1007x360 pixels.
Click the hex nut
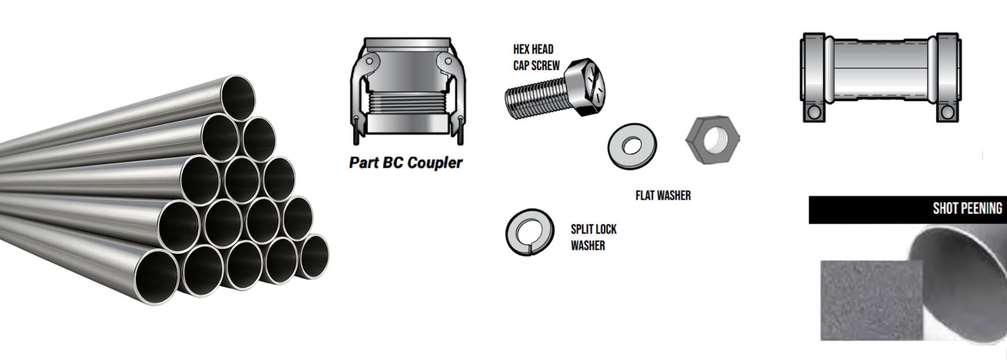pos(712,139)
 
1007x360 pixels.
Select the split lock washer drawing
pos(529,232)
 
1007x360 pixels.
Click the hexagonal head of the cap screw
pos(585,84)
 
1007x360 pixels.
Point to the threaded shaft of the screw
pos(534,98)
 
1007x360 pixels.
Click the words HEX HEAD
pos(533,49)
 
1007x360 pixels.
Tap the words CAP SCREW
pos(536,66)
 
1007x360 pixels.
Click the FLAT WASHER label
pos(663,196)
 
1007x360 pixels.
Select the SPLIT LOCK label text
pos(593,229)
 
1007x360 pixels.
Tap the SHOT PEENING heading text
pos(967,209)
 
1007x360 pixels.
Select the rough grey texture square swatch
pos(871,300)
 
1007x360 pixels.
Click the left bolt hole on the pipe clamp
pos(814,112)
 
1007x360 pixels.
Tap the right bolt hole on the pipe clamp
pos(947,112)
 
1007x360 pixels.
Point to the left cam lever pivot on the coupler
pos(369,61)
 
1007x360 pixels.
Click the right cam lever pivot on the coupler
pos(446,61)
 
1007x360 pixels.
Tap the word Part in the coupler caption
pos(362,163)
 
